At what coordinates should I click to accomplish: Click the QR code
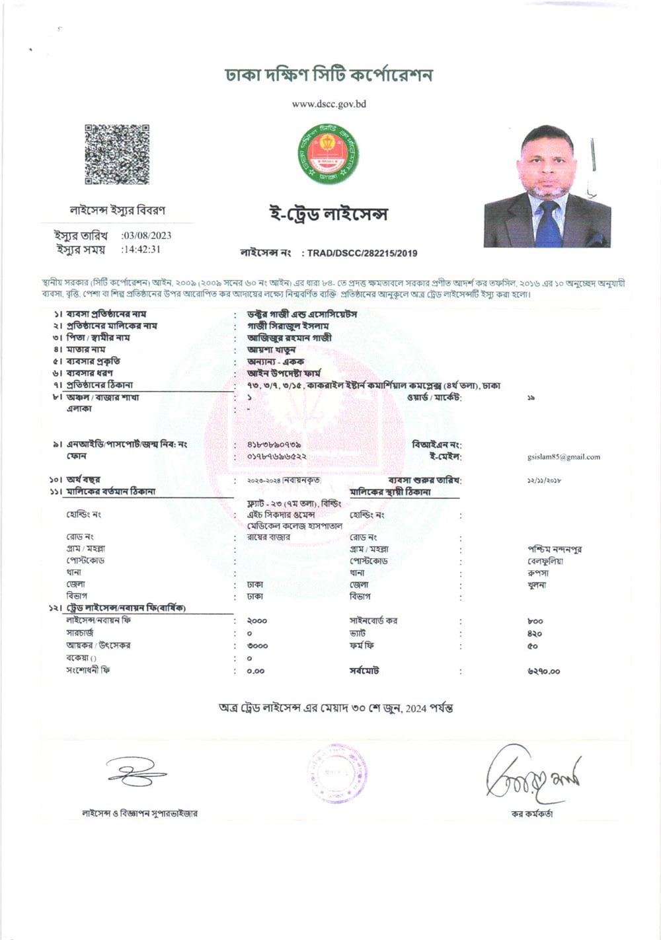point(117,155)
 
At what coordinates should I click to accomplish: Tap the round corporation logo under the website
point(328,153)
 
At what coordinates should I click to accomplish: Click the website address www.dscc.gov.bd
point(329,104)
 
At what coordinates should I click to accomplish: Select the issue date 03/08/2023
point(147,236)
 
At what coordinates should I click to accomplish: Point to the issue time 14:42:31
point(141,250)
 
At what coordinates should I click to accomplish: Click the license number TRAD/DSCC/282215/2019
point(362,253)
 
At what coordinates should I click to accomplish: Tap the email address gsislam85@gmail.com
point(564,456)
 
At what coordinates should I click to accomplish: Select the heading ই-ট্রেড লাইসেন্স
point(329,214)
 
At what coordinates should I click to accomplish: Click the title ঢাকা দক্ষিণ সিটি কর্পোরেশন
point(329,75)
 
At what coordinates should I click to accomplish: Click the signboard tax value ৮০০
point(535,621)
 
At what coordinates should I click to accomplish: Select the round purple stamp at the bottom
point(336,772)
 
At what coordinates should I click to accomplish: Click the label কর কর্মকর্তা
point(532,814)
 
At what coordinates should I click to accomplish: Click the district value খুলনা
point(537,585)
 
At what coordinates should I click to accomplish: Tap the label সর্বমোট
point(364,670)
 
